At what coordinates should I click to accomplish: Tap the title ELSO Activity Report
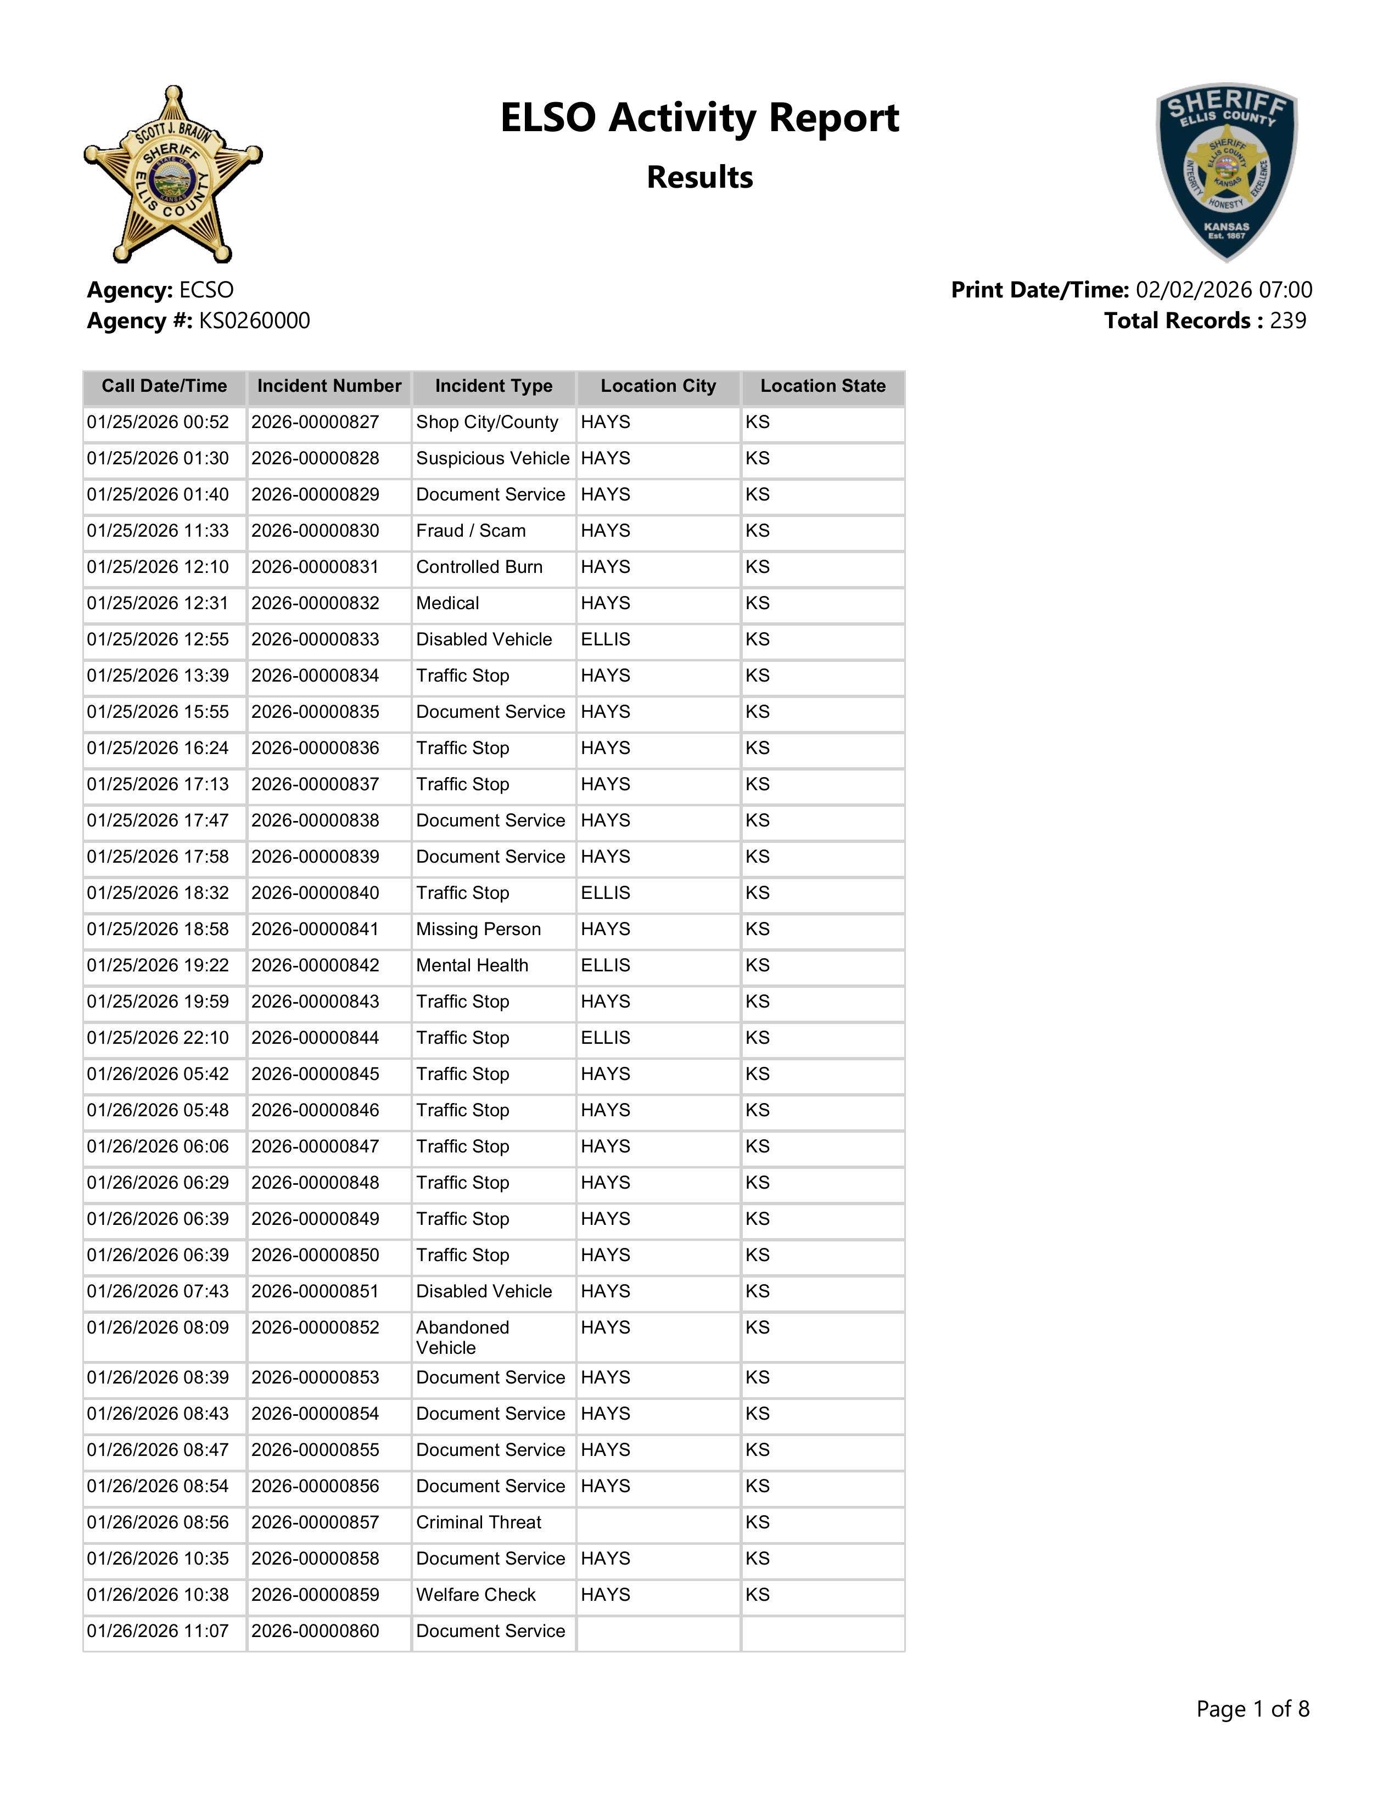pos(699,118)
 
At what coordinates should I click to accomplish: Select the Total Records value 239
pos(1287,321)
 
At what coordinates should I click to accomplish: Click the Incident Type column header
pos(494,386)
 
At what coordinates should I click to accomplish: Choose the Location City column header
pos(658,386)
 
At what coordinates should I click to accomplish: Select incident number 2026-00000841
pos(315,930)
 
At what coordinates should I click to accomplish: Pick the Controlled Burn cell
pos(479,567)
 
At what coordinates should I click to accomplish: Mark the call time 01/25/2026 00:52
pos(158,422)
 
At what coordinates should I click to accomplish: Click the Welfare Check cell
pos(475,1595)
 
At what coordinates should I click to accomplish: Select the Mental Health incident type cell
pos(472,965)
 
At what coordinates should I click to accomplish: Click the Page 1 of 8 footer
pos(1252,1709)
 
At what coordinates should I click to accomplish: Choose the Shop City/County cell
pos(487,422)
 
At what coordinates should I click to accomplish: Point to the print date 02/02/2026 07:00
pos(1223,290)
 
